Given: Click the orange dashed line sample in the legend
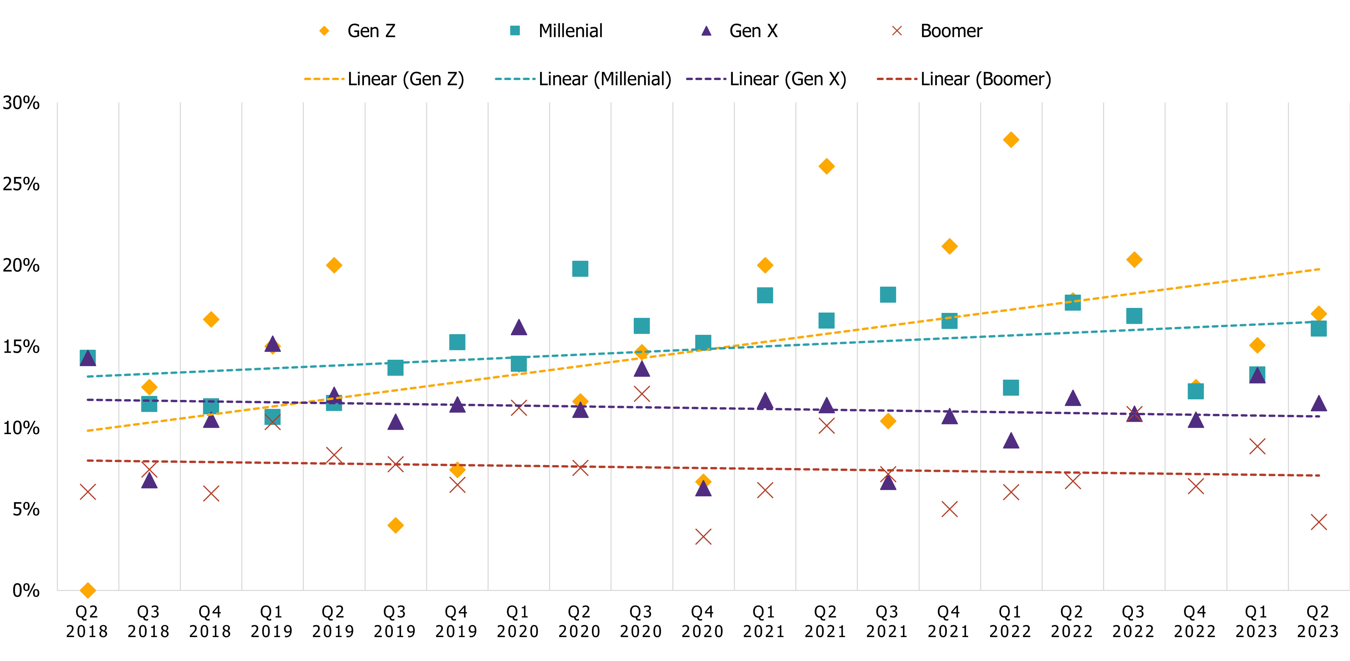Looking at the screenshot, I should click(x=324, y=79).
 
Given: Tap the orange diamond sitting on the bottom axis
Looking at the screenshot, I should click(x=87, y=590).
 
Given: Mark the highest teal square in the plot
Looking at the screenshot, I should click(x=580, y=269).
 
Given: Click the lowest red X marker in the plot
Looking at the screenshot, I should click(x=703, y=537).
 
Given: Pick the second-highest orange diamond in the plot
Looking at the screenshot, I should click(x=827, y=166).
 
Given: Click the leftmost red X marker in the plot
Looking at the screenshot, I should click(x=87, y=492).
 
